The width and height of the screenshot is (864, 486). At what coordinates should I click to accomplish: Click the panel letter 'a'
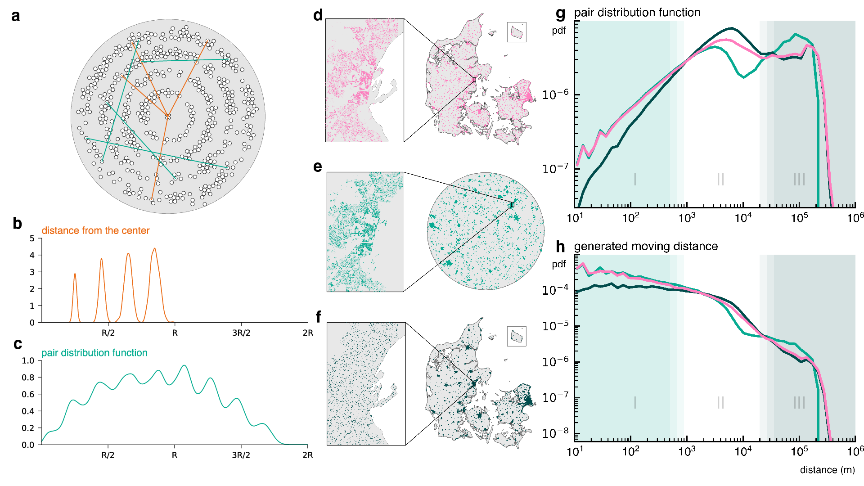tap(16, 16)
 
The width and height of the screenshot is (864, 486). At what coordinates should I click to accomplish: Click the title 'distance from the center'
tap(95, 230)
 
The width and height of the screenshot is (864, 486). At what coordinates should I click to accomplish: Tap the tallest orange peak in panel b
tap(155, 249)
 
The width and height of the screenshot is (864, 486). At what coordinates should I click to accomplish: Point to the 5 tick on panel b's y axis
tap(32, 238)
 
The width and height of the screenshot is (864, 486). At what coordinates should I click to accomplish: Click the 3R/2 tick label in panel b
tap(241, 333)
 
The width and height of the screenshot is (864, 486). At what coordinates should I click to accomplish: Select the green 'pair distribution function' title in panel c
tap(94, 353)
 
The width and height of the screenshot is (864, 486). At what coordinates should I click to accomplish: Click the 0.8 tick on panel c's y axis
tap(28, 378)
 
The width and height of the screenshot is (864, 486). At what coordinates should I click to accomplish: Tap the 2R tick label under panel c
tap(307, 455)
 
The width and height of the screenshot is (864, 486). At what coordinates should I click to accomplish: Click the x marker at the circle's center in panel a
tap(168, 117)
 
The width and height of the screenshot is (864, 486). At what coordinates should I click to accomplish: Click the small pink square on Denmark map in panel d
tap(474, 80)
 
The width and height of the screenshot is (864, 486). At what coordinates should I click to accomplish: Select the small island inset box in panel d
tap(517, 32)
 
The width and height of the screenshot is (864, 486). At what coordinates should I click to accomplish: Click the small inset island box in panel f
tap(517, 336)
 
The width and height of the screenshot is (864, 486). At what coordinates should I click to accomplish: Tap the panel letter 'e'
tap(318, 167)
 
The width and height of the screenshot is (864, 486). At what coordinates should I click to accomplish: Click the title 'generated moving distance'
tap(646, 246)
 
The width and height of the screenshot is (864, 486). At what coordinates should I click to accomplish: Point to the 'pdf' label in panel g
tap(559, 31)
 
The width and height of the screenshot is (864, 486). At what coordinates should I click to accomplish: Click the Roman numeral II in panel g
tap(720, 179)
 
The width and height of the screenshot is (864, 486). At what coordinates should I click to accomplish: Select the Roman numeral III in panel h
tap(799, 402)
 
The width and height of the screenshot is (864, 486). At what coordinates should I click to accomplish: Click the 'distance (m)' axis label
tap(827, 470)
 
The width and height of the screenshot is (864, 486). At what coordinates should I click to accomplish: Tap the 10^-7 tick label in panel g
tap(555, 169)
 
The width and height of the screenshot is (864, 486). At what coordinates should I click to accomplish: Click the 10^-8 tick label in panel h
tap(555, 433)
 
